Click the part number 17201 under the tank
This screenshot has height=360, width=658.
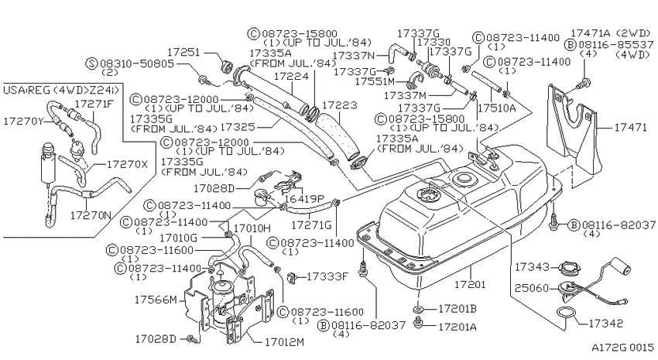pos(470,284)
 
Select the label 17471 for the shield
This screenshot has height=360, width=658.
pos(630,127)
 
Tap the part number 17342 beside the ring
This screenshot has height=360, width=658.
pos(606,323)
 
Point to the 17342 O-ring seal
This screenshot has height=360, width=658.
pos(565,313)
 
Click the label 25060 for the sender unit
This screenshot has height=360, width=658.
pos(532,288)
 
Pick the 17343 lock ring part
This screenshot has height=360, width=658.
pos(570,267)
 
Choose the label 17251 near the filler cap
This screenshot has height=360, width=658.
pos(183,52)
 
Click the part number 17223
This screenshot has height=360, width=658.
pos(340,105)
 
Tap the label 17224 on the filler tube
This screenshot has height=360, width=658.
pos(291,76)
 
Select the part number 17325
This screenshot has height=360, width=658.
pos(237,126)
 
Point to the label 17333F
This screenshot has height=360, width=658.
pos(327,276)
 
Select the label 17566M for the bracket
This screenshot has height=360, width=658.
pos(156,300)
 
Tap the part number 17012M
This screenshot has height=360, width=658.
pos(284,342)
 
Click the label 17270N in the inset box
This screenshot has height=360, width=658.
pos(91,215)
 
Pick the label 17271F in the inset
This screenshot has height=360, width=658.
pos(94,103)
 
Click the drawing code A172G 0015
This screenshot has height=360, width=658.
pos(622,348)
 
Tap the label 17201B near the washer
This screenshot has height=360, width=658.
pos(458,309)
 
